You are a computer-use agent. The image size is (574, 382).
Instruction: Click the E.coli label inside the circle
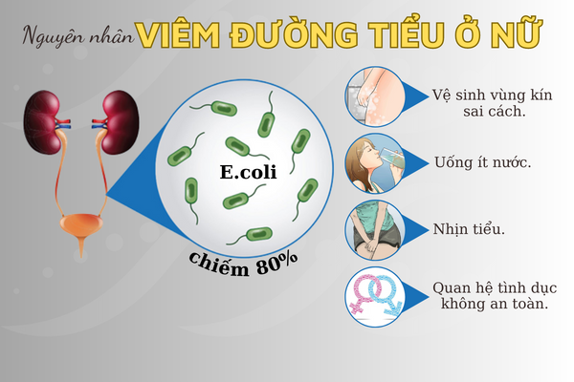248,172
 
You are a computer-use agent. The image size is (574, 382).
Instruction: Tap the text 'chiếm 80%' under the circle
243,265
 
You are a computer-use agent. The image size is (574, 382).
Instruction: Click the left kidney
42,122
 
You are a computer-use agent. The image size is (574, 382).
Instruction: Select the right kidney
121,122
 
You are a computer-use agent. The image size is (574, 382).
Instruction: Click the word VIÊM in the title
178,35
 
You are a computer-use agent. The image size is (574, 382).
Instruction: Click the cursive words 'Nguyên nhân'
78,36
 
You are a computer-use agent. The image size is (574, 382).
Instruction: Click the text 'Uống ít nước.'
482,162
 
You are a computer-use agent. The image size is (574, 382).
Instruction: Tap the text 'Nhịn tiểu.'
469,229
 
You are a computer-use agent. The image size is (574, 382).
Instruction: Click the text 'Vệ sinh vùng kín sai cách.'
492,103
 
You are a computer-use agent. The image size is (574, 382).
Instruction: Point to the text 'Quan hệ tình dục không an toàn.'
495,296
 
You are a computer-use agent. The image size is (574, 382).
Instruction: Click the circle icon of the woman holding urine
375,230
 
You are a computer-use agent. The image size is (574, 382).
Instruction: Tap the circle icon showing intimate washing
375,96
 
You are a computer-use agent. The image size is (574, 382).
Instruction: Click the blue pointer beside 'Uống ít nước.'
415,163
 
